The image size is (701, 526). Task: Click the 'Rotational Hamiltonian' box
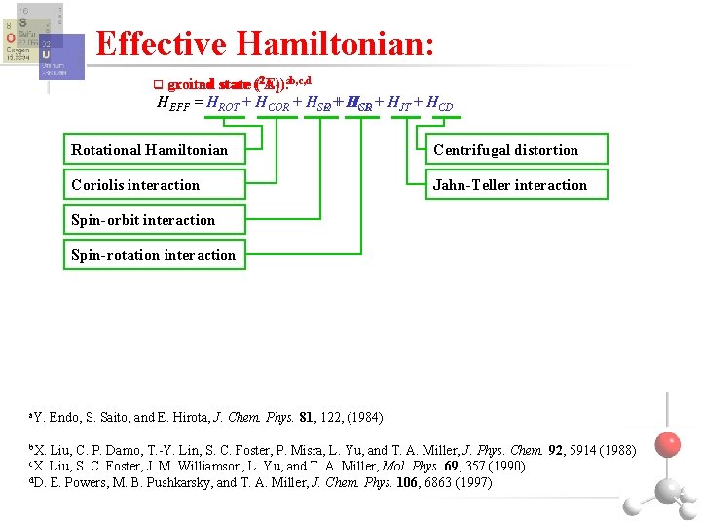coord(155,150)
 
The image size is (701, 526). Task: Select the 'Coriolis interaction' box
coord(155,185)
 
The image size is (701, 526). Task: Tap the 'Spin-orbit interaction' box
coord(155,220)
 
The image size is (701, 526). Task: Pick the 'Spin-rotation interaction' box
coord(155,255)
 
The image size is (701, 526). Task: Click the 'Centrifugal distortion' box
coord(516,150)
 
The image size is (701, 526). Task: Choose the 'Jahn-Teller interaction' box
coord(516,185)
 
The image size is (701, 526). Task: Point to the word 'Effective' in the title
coord(162,43)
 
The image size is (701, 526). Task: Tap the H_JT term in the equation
coord(398,103)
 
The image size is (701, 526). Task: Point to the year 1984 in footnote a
coord(365,418)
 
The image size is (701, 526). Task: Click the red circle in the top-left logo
coord(11,38)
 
